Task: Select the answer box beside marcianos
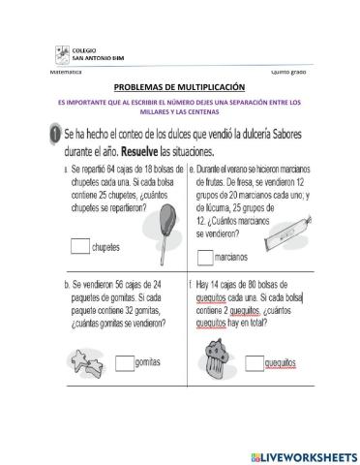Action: click(x=205, y=257)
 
